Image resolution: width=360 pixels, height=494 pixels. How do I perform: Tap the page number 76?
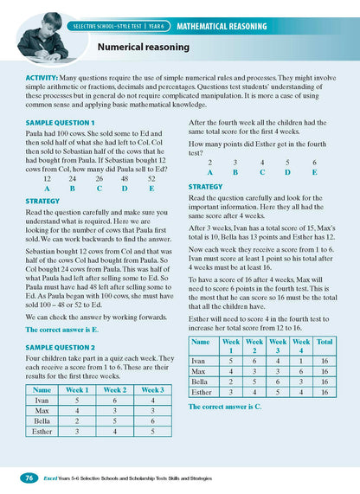click(x=29, y=477)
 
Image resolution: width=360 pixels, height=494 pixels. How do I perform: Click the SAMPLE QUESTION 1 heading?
click(x=60, y=124)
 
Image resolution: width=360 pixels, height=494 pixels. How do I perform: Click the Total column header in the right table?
click(x=325, y=343)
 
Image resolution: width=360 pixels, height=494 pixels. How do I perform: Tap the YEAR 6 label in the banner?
click(x=157, y=27)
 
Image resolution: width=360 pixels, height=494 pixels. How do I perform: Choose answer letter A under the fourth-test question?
click(x=209, y=172)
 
